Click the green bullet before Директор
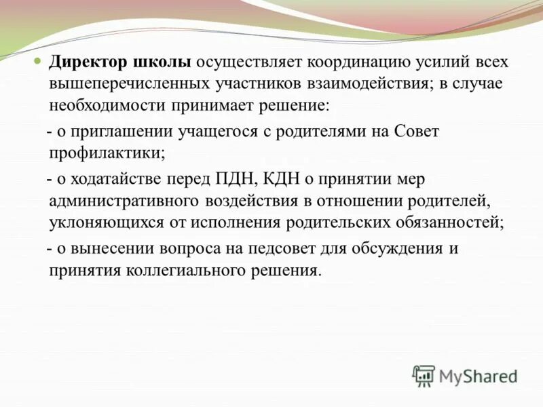(39, 62)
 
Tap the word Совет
(417, 131)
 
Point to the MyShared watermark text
(478, 376)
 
